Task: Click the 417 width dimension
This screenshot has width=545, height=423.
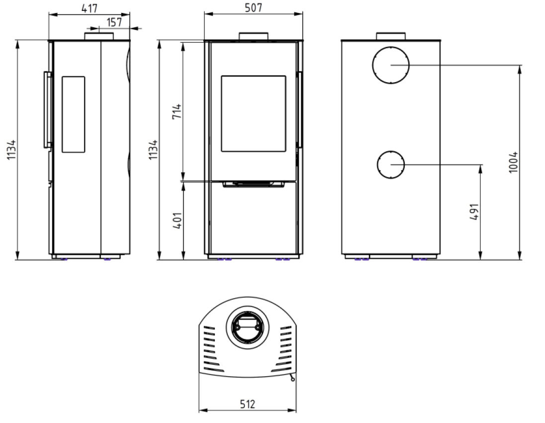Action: [x=90, y=8]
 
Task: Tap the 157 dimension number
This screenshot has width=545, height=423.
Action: [x=114, y=22]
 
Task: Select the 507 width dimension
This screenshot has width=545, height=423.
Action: [x=253, y=7]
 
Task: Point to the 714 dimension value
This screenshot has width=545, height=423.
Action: [x=177, y=111]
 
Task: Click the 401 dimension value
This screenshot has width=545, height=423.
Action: [x=177, y=220]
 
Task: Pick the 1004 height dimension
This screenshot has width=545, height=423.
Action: [x=513, y=162]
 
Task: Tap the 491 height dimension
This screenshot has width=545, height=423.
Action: [x=474, y=212]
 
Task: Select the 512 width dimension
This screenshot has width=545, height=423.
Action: [x=248, y=404]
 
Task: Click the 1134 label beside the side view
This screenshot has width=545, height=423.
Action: [x=11, y=150]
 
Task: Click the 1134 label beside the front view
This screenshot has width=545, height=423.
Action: [x=153, y=150]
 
